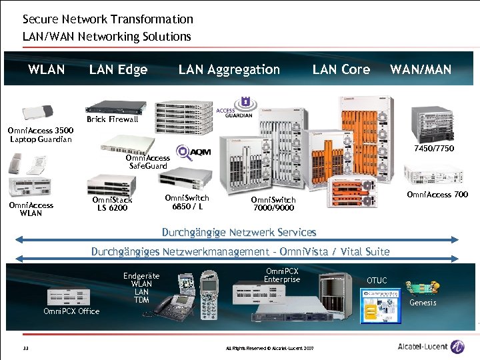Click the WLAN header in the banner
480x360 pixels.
46,69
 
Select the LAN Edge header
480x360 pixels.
118,69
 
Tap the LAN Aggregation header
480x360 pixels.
229,69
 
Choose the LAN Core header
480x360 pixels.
341,69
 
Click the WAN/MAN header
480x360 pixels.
420,69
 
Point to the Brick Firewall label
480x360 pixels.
113,119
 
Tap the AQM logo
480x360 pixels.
193,153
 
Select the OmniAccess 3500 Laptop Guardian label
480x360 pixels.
41,135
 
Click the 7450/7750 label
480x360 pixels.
433,149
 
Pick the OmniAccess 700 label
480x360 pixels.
437,195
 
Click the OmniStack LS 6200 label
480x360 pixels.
112,203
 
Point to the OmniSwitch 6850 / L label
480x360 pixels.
187,201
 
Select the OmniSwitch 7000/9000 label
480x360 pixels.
273,203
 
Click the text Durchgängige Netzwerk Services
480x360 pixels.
239,233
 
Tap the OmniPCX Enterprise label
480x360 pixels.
283,275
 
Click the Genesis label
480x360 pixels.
423,303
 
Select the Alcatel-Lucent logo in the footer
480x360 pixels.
431,347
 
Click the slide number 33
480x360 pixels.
25,349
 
